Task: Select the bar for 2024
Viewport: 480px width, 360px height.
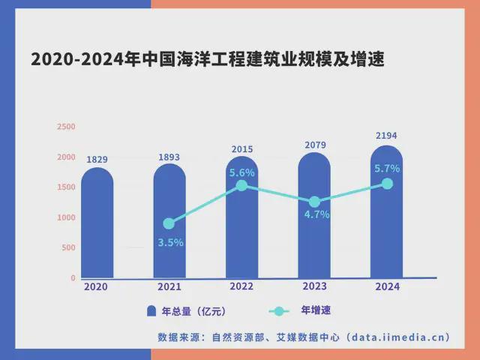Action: coord(386,225)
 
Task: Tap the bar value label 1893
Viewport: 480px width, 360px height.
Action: coord(169,157)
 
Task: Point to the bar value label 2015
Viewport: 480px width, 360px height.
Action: coord(241,150)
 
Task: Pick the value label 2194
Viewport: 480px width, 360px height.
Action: coord(386,136)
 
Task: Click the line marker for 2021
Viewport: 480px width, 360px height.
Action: coord(169,223)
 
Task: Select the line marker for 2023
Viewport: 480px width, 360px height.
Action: coord(314,202)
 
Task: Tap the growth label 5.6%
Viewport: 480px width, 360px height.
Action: coord(241,172)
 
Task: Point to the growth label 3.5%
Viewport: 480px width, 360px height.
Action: coord(170,242)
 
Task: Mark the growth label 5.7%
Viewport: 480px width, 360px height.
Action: coord(387,169)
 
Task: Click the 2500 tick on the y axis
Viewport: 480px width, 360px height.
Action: coord(66,127)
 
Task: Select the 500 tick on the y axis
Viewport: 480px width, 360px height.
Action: coord(68,247)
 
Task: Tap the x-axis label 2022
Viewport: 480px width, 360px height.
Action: coord(241,286)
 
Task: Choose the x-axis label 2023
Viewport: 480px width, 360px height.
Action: coord(314,286)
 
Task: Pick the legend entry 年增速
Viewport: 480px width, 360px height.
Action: coord(316,310)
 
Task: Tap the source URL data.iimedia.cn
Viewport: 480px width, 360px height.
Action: coord(398,337)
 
